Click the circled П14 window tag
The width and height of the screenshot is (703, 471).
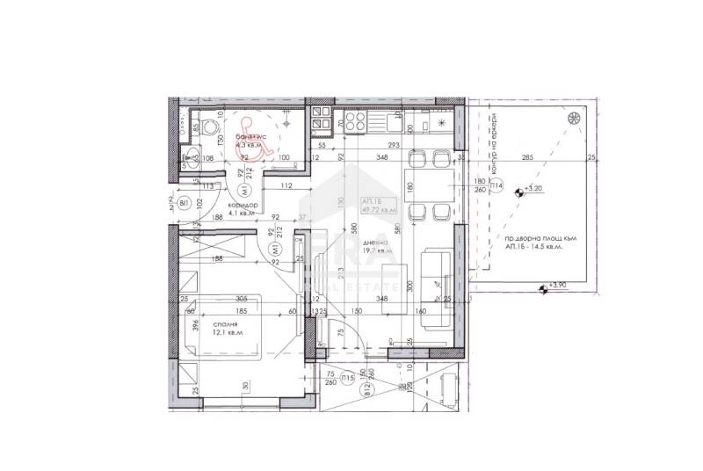pos(496,186)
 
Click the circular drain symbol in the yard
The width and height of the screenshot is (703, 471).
pos(573,119)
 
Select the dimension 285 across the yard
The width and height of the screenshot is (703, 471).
pos(527,158)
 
